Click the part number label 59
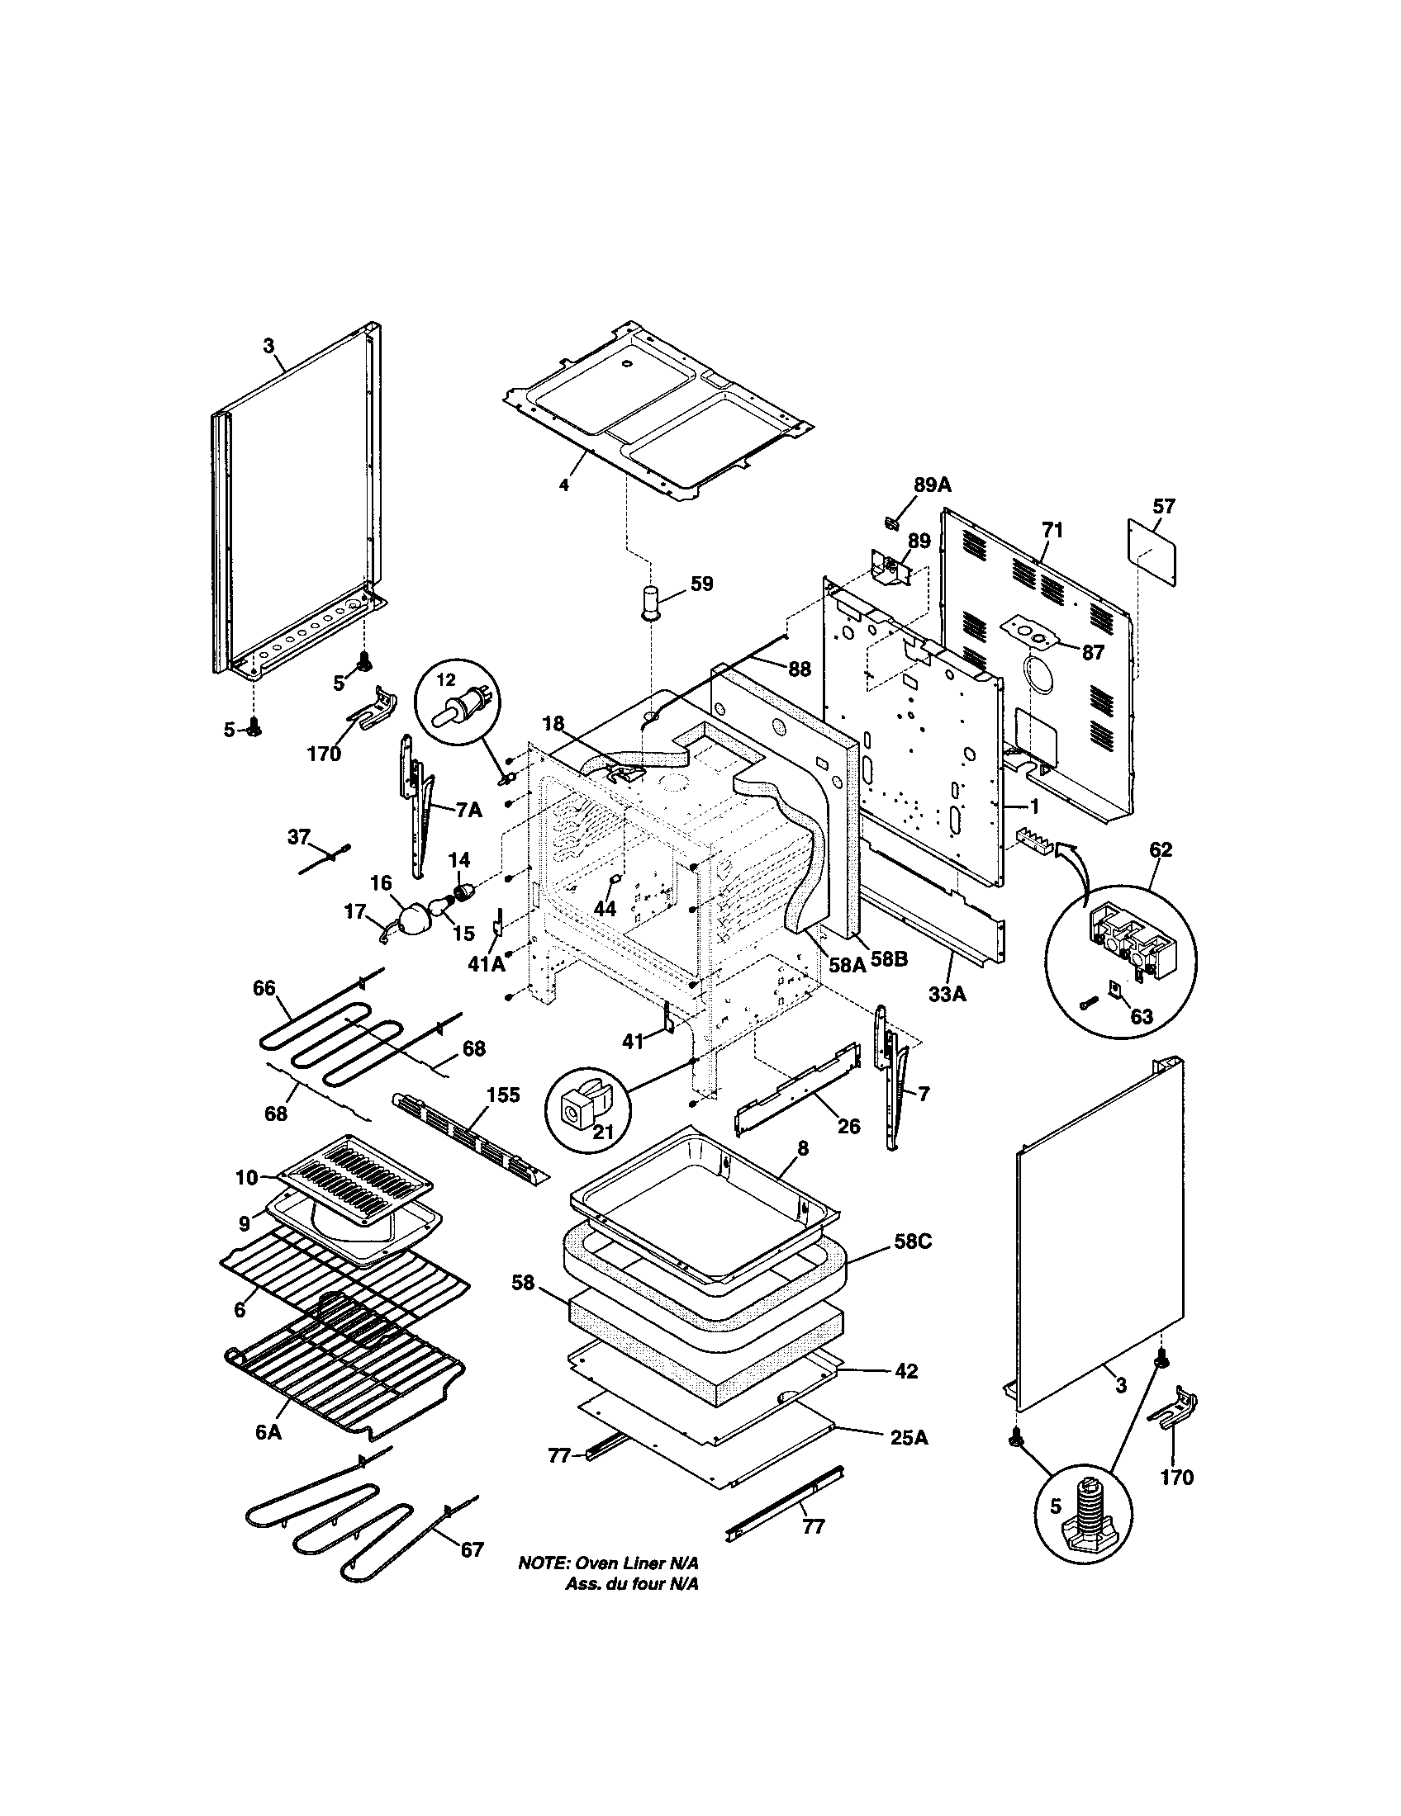coord(701,584)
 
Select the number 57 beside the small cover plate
coord(1164,506)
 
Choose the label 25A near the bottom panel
coord(909,1437)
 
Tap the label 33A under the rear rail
coord(947,993)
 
